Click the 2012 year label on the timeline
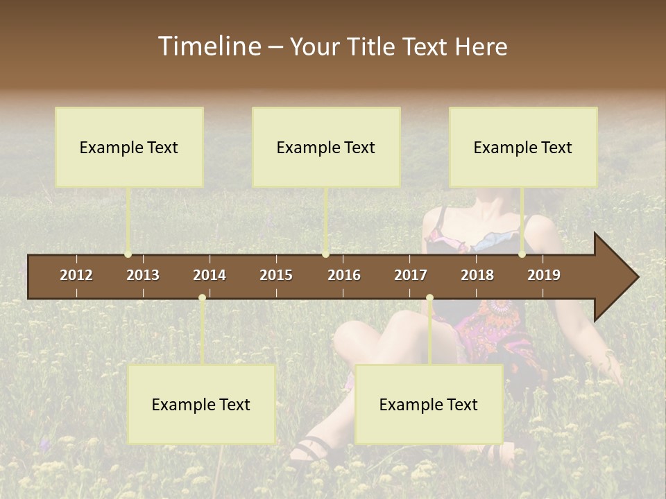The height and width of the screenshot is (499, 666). click(x=76, y=275)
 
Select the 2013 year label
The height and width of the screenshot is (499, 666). click(x=143, y=275)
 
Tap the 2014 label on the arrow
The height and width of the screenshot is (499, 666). click(x=210, y=275)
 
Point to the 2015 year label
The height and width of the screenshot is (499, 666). click(x=276, y=275)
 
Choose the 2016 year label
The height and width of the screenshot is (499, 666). click(x=344, y=275)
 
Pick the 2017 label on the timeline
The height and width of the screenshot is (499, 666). click(x=411, y=275)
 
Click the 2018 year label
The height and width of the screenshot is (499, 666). click(x=477, y=275)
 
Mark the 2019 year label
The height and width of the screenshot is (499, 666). click(x=544, y=275)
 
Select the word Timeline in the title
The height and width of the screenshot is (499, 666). click(x=208, y=46)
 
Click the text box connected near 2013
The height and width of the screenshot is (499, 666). click(x=129, y=147)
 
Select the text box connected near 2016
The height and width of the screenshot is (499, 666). click(x=326, y=147)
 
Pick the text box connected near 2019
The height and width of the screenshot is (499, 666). click(x=523, y=147)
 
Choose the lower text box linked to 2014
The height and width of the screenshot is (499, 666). click(x=201, y=405)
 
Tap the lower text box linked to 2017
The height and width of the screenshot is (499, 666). click(x=429, y=405)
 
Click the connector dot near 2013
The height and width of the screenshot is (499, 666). click(x=128, y=254)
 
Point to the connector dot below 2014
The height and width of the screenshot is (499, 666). click(x=202, y=298)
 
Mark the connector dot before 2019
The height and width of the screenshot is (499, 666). click(x=522, y=254)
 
